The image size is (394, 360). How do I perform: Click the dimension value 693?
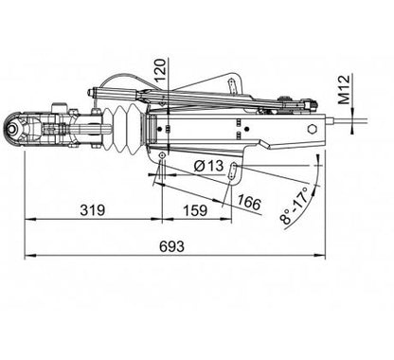coord(171,246)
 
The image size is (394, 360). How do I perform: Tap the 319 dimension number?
coord(92,209)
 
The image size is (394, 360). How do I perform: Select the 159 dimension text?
coord(195,210)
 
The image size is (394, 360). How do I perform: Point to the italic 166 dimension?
coord(249,203)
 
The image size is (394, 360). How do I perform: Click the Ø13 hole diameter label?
coord(208,166)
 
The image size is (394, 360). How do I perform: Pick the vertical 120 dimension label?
coord(160,71)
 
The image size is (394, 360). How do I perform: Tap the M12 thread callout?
coord(344,89)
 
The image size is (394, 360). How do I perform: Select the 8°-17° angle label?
coord(295,206)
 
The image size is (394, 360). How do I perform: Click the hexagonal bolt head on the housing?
coord(313,129)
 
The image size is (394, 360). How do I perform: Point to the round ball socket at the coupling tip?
coord(13,130)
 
